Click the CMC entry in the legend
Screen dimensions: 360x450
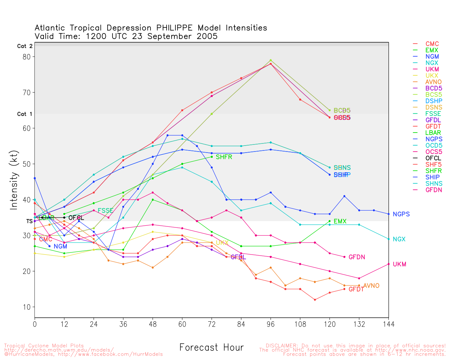[x=432, y=44]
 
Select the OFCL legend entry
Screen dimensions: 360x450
[x=433, y=158]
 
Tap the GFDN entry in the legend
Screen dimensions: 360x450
[x=433, y=190]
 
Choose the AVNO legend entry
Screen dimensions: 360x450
[x=433, y=82]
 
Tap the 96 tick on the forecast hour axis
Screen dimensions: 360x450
[x=270, y=324]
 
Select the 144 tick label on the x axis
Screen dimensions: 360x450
[x=388, y=324]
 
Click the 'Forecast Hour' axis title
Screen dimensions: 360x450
[x=211, y=347]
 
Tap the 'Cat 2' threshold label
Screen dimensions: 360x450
[x=25, y=46]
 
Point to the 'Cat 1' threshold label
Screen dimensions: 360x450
[x=25, y=114]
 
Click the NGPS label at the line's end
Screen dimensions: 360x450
[x=401, y=214]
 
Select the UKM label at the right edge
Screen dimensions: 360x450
[x=399, y=264]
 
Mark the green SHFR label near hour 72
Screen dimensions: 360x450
[x=224, y=157]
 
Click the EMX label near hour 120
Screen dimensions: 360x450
[x=340, y=221]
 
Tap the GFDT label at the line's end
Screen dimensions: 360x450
[x=356, y=289]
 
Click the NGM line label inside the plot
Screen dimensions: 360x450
[x=60, y=246]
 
